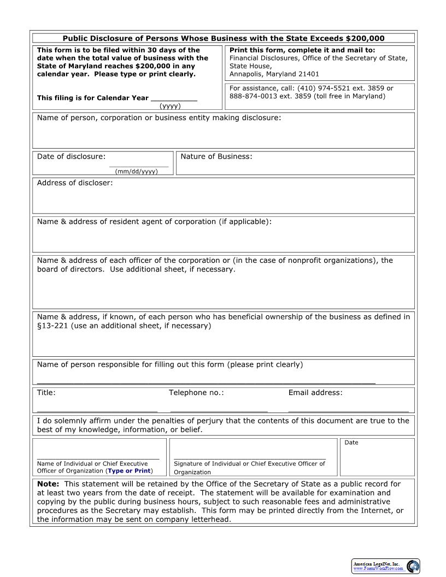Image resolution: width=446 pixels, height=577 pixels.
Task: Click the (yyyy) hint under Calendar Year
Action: (x=170, y=106)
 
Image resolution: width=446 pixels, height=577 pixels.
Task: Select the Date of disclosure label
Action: (x=71, y=157)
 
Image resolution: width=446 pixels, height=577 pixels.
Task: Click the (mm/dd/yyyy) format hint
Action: (x=136, y=172)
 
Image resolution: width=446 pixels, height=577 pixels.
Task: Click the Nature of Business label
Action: (x=216, y=157)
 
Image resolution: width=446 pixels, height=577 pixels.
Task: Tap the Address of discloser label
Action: (x=75, y=182)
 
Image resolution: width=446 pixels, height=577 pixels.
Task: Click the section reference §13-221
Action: (x=52, y=326)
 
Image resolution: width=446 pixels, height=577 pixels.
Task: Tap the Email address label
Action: (x=315, y=392)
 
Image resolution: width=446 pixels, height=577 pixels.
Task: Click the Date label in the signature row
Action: (x=351, y=443)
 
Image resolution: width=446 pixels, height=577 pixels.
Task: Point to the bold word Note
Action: (x=48, y=484)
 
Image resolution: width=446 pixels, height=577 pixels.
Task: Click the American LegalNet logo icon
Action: (x=413, y=566)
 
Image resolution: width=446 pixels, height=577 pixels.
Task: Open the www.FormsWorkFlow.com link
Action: (x=378, y=569)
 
